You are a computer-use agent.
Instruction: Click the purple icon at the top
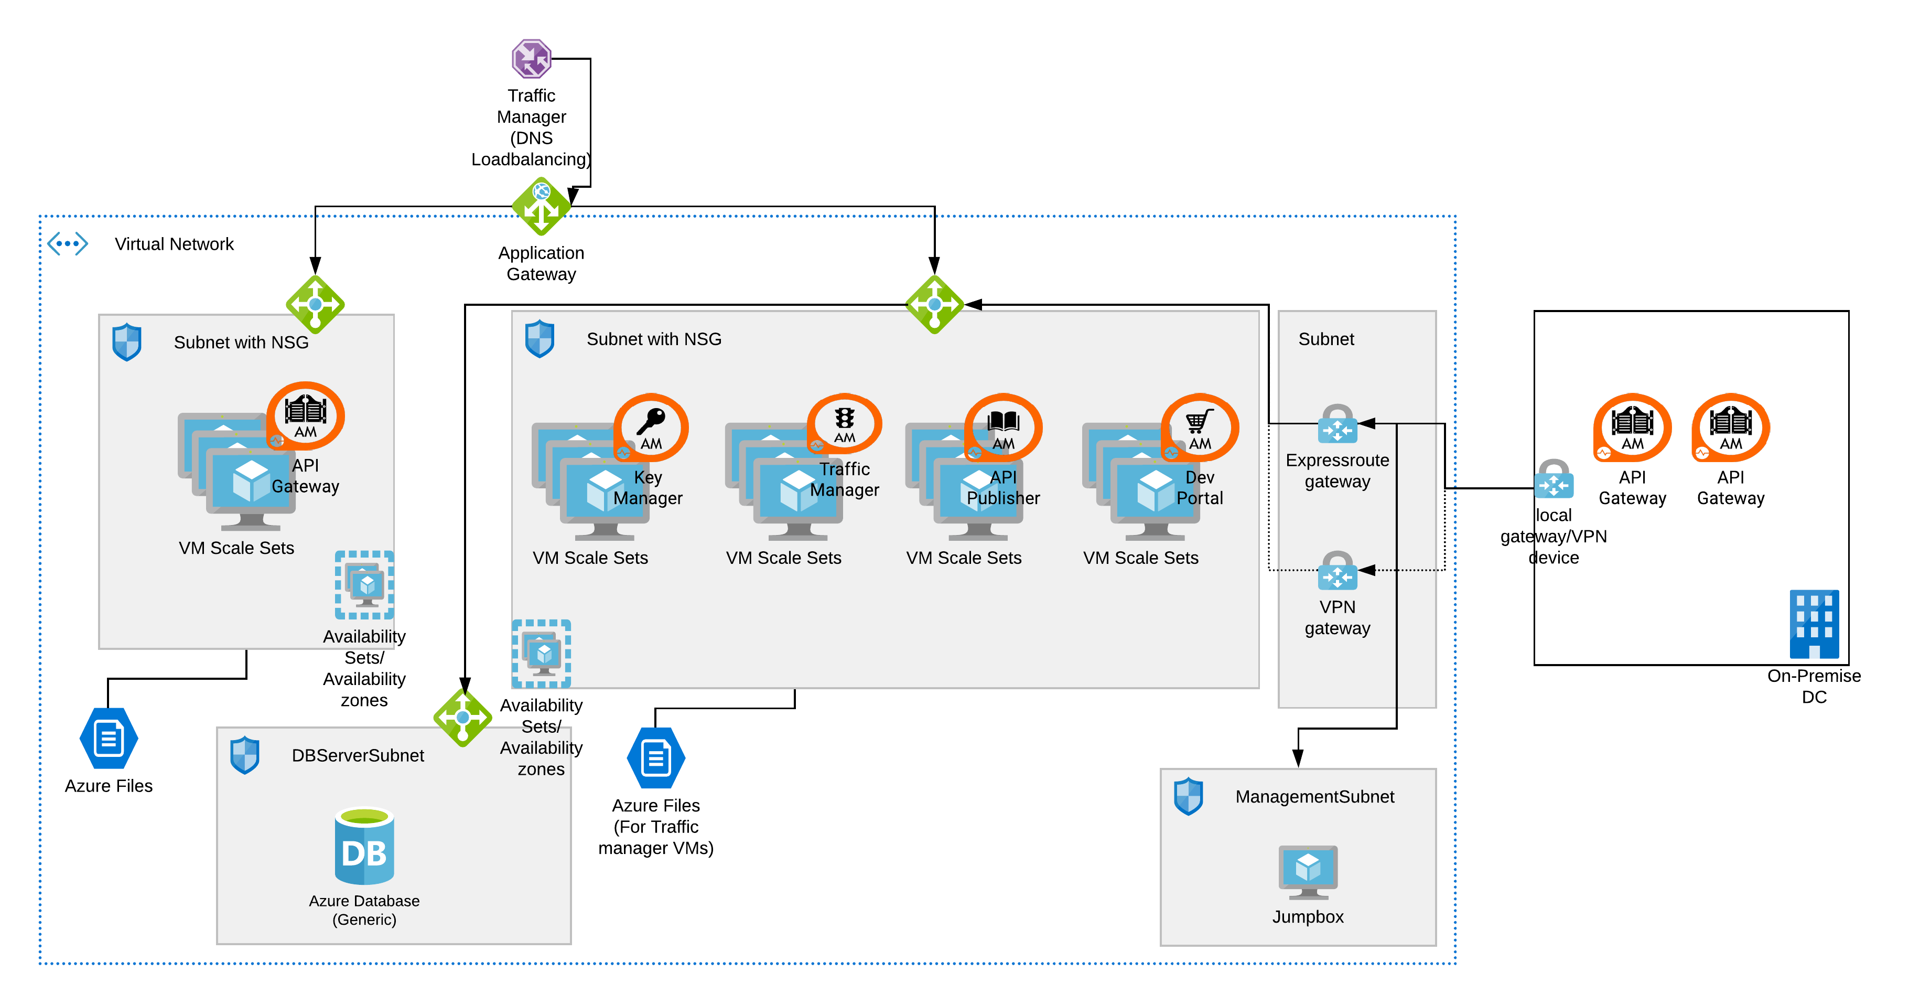(531, 59)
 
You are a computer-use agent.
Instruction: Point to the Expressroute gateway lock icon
(1337, 424)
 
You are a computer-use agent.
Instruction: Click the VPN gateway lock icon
(1337, 571)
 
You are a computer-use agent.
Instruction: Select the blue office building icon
(1814, 624)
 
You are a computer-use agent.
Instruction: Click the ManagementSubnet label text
(1314, 797)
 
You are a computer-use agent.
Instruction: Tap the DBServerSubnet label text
(358, 755)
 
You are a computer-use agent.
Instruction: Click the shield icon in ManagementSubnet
(1189, 797)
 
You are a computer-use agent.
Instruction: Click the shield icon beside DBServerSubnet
(244, 755)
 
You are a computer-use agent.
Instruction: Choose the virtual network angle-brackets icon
(68, 243)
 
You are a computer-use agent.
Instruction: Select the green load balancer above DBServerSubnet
(462, 717)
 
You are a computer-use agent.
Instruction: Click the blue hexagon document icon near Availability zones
(656, 757)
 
